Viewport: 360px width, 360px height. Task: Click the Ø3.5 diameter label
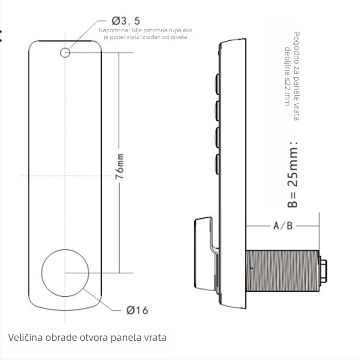point(126,21)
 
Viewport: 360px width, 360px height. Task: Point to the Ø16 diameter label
point(137,310)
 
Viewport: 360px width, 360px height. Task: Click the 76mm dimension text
point(120,167)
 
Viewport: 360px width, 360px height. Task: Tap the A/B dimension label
point(283,226)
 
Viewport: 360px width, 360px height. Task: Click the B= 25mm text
point(293,175)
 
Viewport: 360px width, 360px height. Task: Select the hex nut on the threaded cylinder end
point(323,271)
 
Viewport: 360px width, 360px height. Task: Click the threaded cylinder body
point(282,271)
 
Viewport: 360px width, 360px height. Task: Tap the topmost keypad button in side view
point(217,84)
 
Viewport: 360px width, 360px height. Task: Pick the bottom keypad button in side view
point(217,164)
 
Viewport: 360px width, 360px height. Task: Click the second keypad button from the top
point(217,111)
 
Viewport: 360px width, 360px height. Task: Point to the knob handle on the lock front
point(205,254)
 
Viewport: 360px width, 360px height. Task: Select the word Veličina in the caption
point(25,337)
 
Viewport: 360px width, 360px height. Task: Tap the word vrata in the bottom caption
point(155,337)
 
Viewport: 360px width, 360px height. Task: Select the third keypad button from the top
point(217,137)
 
